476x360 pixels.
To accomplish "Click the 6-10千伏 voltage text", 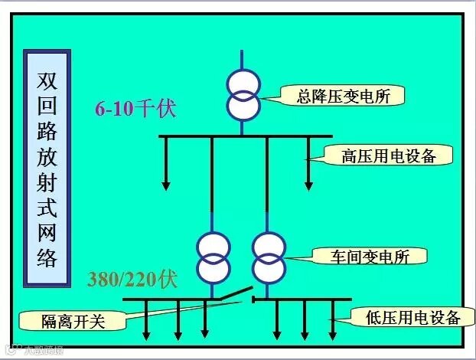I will [x=135, y=108].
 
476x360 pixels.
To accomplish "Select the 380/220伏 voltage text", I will [x=132, y=278].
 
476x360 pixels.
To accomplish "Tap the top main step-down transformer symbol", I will [x=243, y=95].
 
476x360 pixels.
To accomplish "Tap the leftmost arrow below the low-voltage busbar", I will [x=146, y=333].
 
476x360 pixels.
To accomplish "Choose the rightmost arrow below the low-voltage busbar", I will [x=332, y=333].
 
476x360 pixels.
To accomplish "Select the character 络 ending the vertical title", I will [x=47, y=255].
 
